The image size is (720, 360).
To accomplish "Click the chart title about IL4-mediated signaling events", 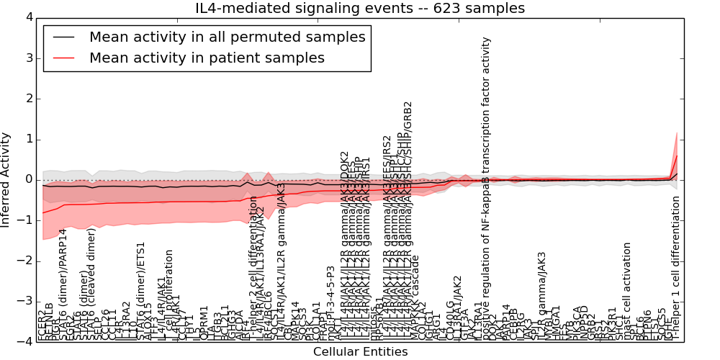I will click(x=360, y=8).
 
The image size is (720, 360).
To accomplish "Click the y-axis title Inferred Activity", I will click(x=6, y=179).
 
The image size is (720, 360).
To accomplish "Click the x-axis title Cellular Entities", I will click(x=360, y=351).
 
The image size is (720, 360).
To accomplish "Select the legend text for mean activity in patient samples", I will click(x=207, y=58).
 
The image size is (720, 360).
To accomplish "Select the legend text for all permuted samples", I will click(x=227, y=37).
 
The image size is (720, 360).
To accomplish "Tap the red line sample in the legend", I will click(x=63, y=58).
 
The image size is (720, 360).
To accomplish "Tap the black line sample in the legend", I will click(x=63, y=37).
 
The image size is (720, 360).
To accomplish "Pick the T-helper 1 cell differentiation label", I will click(x=675, y=266).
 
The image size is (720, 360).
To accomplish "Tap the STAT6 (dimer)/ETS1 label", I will click(x=141, y=288).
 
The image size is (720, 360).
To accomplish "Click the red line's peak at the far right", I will click(x=677, y=156).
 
